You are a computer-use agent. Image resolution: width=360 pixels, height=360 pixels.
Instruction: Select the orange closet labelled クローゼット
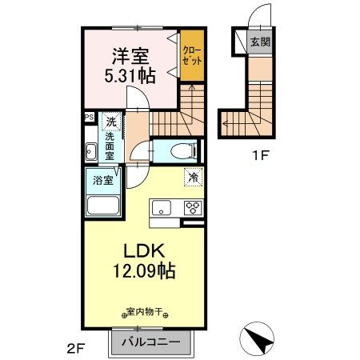(x=190, y=54)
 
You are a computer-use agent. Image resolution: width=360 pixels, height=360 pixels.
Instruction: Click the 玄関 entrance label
(x=258, y=42)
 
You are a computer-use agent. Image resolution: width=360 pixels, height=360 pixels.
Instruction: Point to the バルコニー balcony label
(x=150, y=343)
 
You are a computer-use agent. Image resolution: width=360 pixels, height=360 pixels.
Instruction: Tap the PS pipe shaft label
(x=89, y=117)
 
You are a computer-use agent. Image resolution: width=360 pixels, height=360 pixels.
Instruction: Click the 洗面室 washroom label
(x=110, y=146)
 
